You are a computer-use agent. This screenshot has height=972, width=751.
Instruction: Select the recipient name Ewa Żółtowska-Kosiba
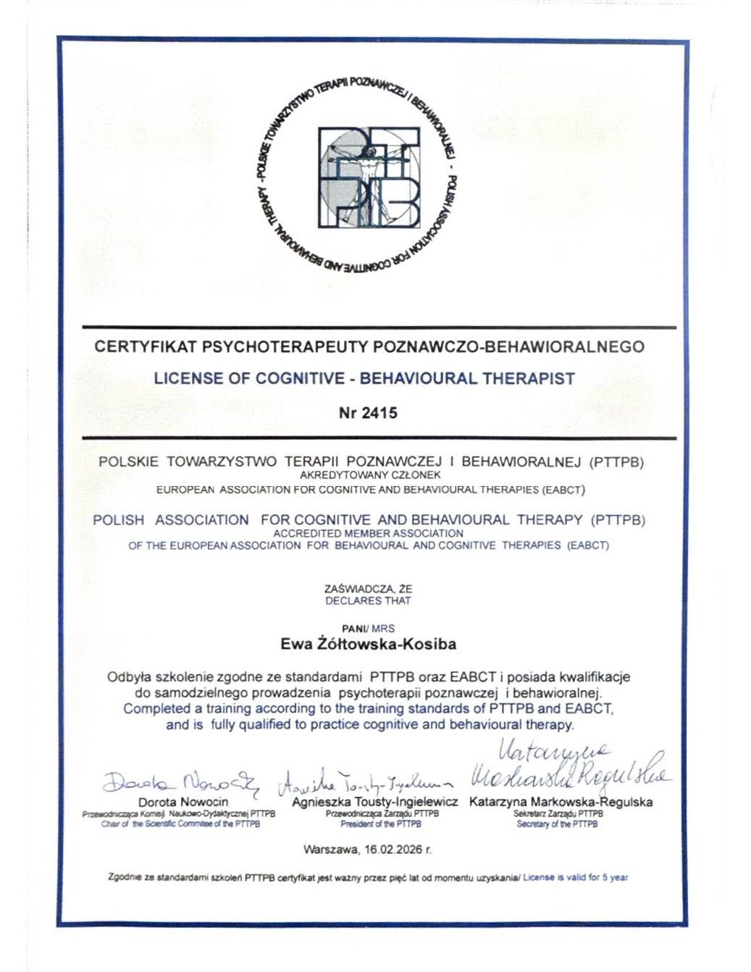tap(368, 643)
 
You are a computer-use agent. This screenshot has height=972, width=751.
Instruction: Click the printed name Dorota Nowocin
tap(183, 802)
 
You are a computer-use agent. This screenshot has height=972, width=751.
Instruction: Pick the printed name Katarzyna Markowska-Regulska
tap(561, 802)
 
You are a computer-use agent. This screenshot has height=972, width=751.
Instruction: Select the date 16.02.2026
tap(395, 848)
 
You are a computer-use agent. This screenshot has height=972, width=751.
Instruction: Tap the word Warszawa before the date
tap(327, 848)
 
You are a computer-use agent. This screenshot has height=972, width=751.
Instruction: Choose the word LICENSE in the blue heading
tap(185, 378)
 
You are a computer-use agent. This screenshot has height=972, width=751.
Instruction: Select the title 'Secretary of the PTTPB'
tap(557, 824)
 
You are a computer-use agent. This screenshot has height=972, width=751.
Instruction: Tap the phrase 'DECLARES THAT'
tap(368, 600)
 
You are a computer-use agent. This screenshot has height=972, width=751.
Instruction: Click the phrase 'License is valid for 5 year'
tap(575, 878)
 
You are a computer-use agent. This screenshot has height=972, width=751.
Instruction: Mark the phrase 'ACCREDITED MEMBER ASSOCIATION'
tap(369, 533)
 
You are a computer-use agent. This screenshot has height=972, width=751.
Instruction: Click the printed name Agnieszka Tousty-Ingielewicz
tap(375, 802)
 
